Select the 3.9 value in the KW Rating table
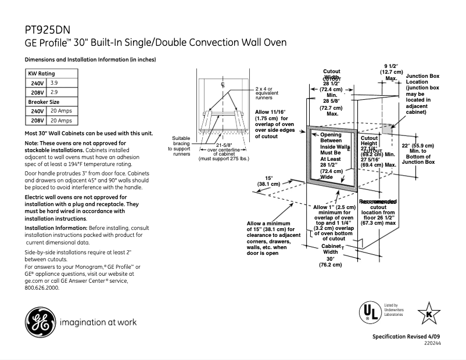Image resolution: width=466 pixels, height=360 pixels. (x=54, y=84)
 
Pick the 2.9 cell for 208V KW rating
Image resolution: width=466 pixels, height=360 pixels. (x=54, y=92)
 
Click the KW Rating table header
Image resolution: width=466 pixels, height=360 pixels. (x=42, y=74)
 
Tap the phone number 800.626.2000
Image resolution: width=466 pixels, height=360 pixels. (x=42, y=287)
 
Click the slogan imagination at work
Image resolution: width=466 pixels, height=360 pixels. (x=96, y=322)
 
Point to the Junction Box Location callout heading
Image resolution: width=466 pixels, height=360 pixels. (x=422, y=80)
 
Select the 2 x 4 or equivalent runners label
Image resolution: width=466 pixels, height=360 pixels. (x=267, y=93)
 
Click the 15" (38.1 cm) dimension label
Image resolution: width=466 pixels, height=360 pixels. (x=268, y=181)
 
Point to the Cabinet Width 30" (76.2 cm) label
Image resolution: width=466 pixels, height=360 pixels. (x=330, y=255)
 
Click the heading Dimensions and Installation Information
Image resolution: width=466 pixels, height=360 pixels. (x=90, y=60)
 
